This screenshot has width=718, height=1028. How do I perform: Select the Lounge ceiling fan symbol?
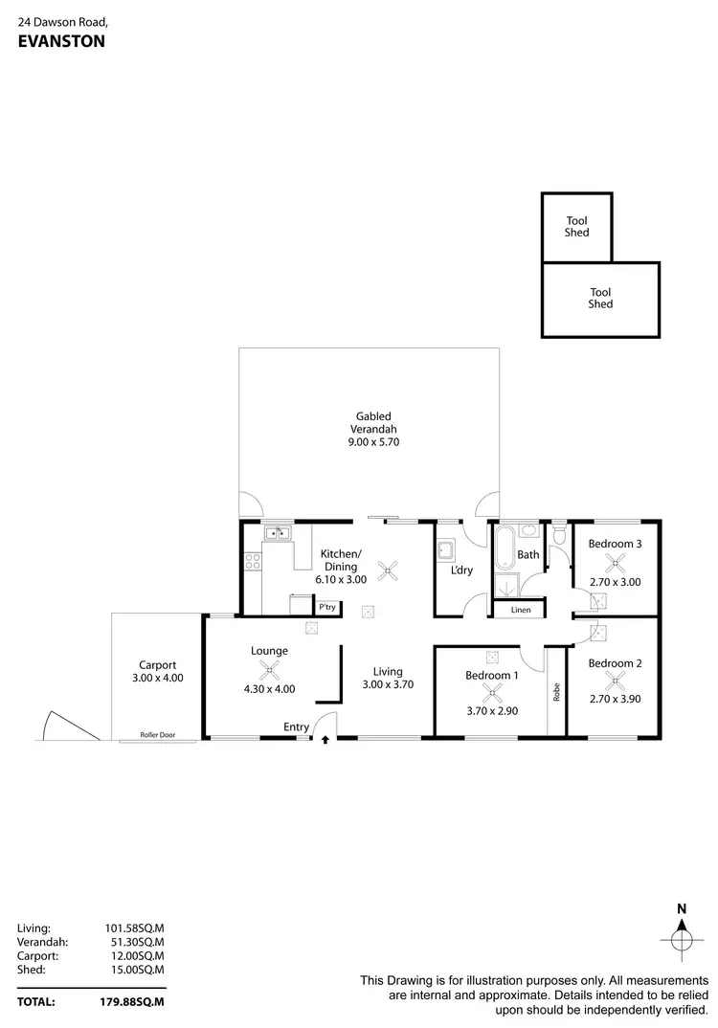tap(270, 671)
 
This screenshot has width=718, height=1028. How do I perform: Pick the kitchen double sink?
tap(278, 533)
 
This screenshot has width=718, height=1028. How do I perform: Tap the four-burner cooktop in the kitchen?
tap(254, 563)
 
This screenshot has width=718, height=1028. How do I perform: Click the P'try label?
tap(327, 607)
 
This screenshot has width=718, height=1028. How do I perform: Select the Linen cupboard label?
tap(520, 610)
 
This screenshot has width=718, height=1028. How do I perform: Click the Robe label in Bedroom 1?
tap(556, 692)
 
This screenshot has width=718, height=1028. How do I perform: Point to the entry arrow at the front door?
tap(325, 740)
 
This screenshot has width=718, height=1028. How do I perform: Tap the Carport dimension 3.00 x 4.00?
tap(157, 678)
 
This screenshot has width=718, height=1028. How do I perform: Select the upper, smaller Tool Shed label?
tap(576, 227)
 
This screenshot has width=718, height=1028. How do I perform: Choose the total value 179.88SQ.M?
tap(134, 1002)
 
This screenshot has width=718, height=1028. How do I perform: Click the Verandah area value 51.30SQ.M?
tap(134, 941)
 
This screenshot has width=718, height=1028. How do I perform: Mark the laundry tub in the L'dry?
tap(445, 549)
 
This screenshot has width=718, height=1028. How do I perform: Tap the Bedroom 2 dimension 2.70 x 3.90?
tap(614, 699)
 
